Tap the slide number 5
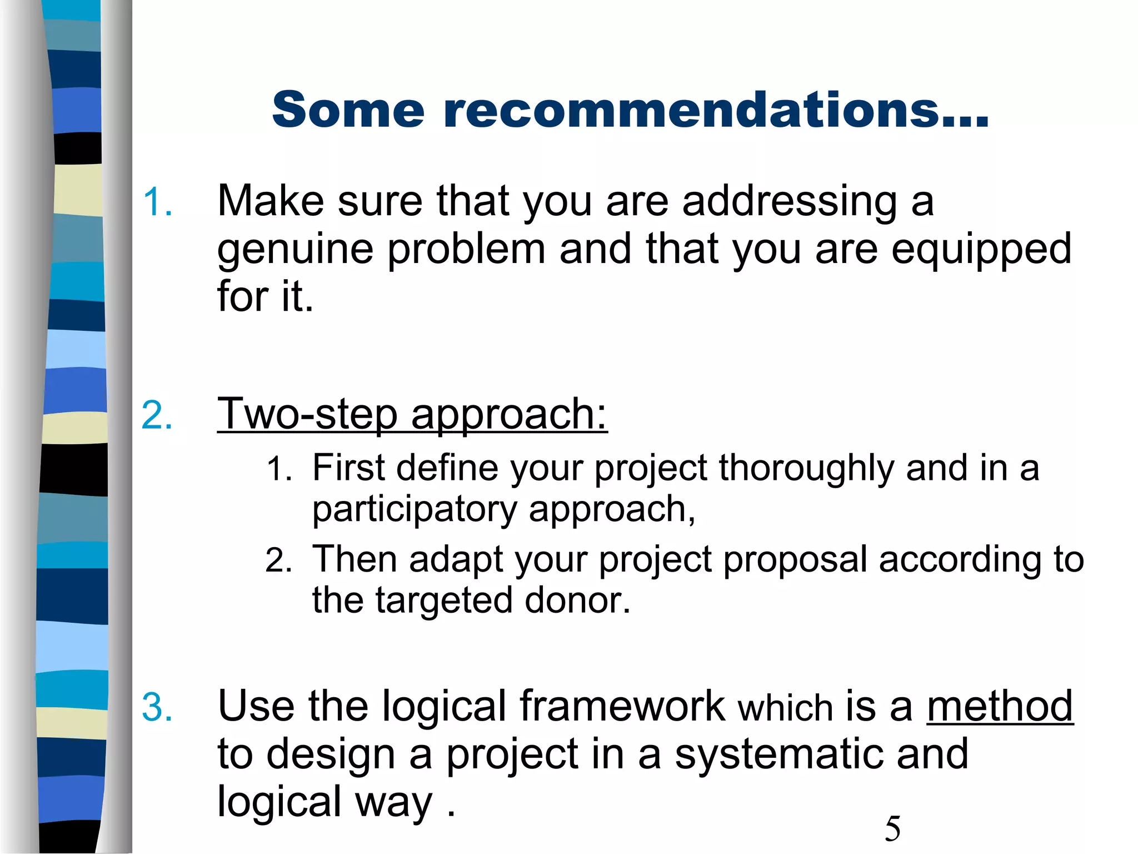coord(892,828)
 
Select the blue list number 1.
coord(157,202)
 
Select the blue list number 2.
coord(157,415)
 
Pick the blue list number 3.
coord(157,708)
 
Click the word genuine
coord(295,250)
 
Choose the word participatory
coord(415,510)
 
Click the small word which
coord(785,709)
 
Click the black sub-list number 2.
coord(278,560)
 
